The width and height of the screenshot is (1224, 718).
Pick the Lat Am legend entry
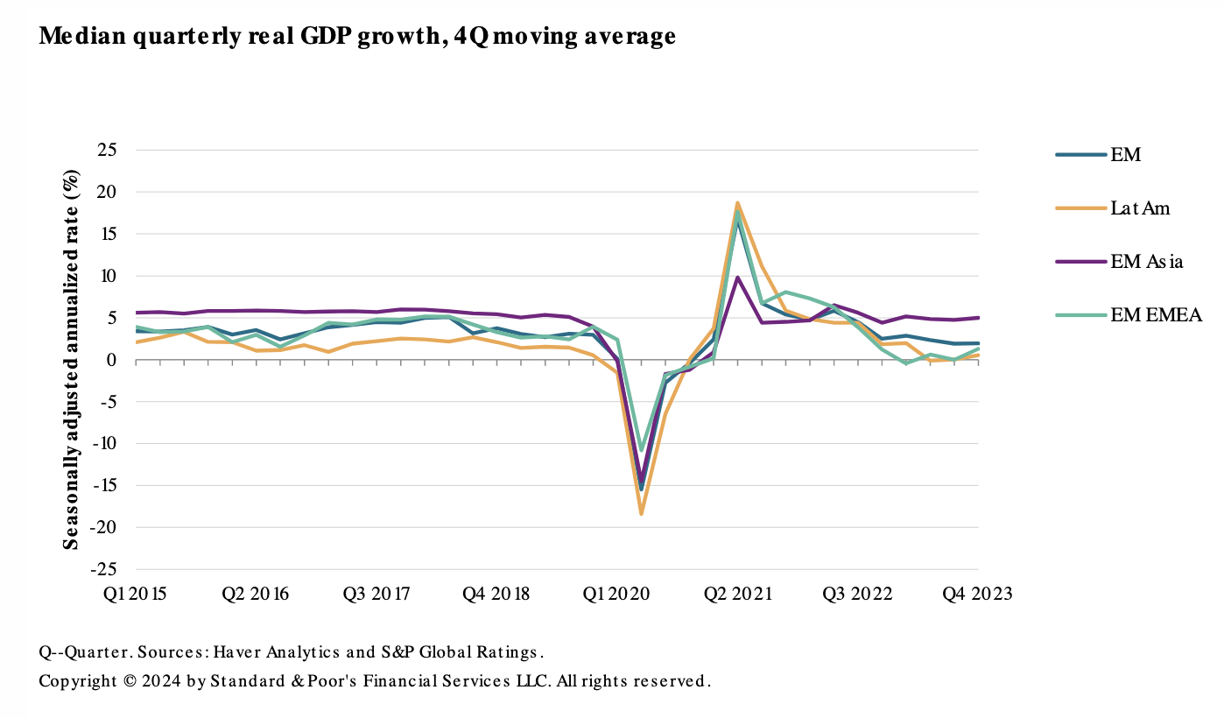(1139, 208)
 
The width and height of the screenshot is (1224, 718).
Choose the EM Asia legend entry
(1147, 262)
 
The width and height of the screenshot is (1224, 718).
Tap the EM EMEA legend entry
(1156, 315)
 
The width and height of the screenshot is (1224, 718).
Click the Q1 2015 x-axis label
(137, 594)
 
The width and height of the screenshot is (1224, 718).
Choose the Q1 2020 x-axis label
(617, 594)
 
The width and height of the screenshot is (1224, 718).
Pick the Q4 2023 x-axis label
(977, 594)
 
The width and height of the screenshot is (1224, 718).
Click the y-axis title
(72, 359)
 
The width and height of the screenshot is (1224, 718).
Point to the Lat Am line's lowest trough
(641, 514)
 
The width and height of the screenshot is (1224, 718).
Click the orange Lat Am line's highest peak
(738, 203)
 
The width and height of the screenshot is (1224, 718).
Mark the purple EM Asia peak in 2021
(738, 278)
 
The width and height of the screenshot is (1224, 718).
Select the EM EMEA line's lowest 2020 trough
(642, 450)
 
